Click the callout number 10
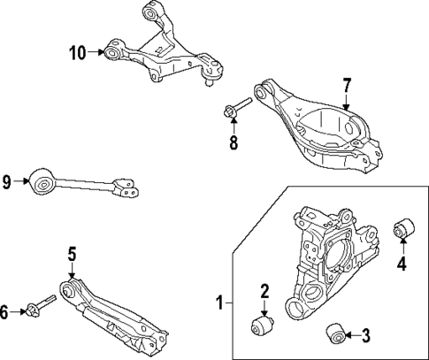click(80, 53)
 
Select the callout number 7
click(347, 86)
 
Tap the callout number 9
click(7, 184)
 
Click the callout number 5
click(72, 255)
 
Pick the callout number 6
click(7, 310)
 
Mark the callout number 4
click(402, 263)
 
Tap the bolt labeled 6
click(41, 307)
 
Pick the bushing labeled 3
click(334, 333)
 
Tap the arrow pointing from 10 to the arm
click(97, 53)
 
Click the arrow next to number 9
click(20, 184)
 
